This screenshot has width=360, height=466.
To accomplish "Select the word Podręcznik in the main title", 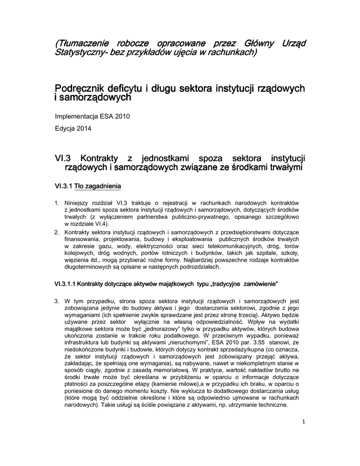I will [x=80, y=87].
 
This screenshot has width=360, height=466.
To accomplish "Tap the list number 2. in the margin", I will [x=57, y=232].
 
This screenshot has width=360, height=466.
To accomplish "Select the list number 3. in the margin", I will [x=57, y=301].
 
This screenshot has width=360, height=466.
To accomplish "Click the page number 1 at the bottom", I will [x=304, y=422].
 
